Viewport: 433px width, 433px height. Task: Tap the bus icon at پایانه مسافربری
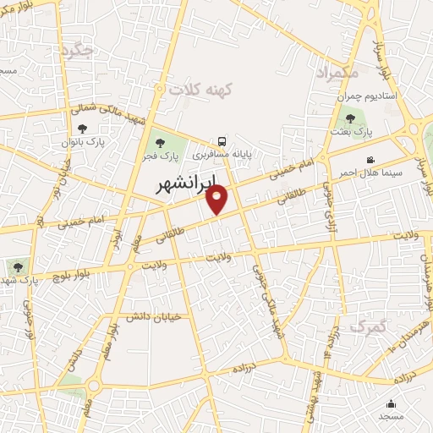[x=221, y=141]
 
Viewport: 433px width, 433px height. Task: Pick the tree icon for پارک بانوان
[x=82, y=129]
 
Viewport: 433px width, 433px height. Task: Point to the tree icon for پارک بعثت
[x=351, y=119]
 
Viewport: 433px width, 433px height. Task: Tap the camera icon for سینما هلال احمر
[x=370, y=160]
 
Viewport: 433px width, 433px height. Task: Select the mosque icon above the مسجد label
[x=391, y=403]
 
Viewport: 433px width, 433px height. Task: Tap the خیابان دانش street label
[x=154, y=317]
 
